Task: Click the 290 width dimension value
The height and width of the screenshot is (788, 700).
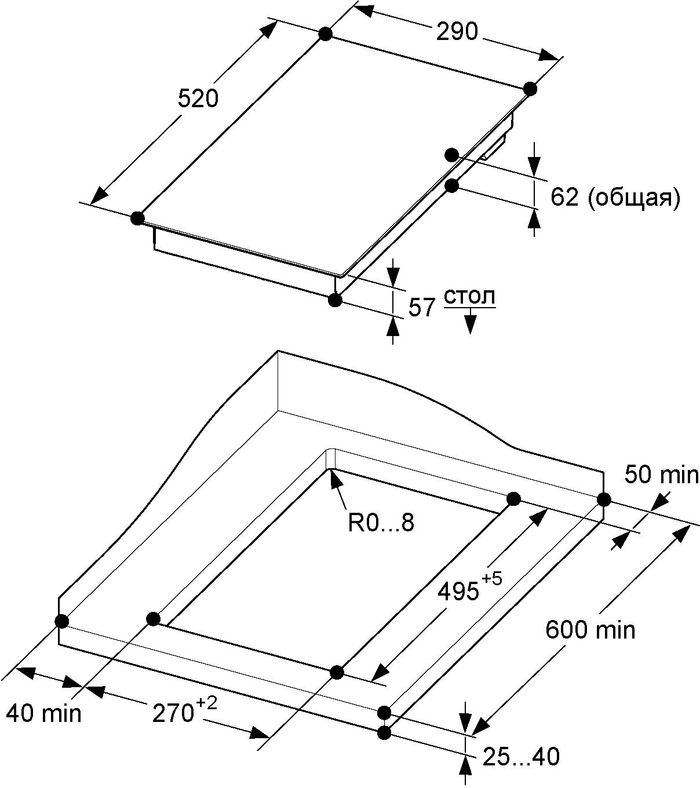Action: (457, 31)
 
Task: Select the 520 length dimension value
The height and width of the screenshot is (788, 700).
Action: (198, 99)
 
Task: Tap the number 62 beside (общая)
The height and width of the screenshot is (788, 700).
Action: (564, 198)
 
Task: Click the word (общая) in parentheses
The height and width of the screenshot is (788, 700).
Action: (633, 198)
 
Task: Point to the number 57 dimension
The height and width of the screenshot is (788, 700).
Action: (421, 308)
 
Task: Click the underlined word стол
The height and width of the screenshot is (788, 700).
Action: (470, 297)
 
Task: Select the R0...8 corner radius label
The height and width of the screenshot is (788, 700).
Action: (381, 523)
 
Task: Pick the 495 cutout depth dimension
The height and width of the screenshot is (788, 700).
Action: (458, 592)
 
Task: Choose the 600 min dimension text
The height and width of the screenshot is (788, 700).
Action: (590, 630)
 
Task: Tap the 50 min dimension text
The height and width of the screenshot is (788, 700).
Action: (661, 475)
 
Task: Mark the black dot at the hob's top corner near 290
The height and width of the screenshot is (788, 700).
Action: (325, 34)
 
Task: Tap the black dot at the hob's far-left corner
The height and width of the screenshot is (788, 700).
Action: (137, 218)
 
